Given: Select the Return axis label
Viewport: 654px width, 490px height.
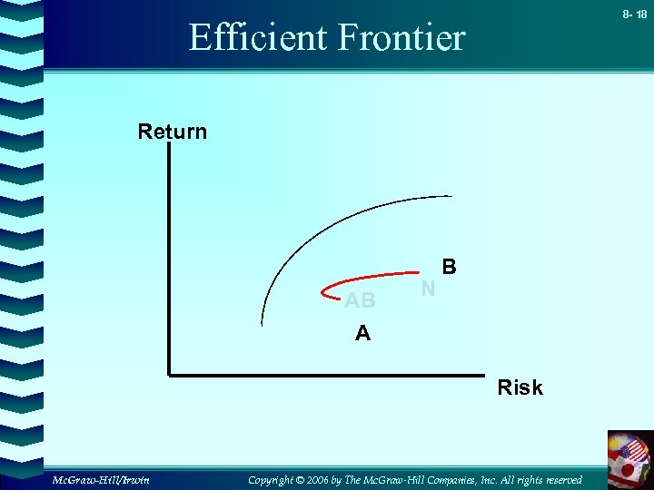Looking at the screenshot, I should pos(173,132).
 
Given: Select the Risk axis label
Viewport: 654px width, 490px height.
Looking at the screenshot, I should pos(520,387).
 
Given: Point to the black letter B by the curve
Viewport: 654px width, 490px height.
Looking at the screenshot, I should pos(449,268).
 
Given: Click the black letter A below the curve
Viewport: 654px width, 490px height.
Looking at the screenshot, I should pos(362,334).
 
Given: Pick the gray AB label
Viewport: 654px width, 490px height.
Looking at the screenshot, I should pos(360,300).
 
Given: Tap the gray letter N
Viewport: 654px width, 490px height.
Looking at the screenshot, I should pos(429,289).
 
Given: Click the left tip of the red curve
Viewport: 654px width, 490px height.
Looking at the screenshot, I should pos(323,292).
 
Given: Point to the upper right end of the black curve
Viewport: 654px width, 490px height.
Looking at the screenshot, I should pos(451,195).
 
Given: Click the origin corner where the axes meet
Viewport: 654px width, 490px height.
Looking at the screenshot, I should pos(169,373).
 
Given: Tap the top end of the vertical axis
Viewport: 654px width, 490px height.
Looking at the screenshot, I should pos(169,147).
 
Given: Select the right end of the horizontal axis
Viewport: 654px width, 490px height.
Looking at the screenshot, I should pos(482,373).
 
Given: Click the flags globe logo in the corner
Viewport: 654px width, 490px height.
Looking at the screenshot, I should pos(629,458).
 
